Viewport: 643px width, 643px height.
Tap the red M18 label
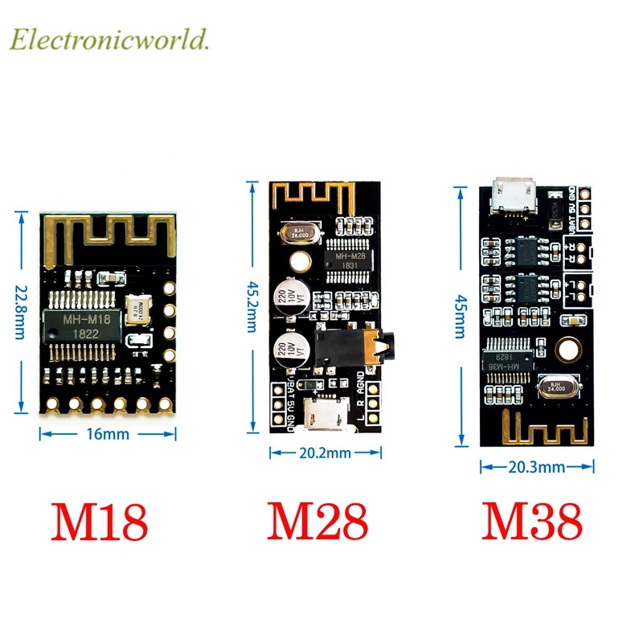[100, 522]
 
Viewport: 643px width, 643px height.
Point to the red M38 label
[532, 522]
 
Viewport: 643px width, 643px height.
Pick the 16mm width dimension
[107, 434]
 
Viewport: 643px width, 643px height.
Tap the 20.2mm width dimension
[326, 453]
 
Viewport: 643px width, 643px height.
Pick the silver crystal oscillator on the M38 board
[556, 387]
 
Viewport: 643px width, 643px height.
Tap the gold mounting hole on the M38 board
[568, 350]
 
